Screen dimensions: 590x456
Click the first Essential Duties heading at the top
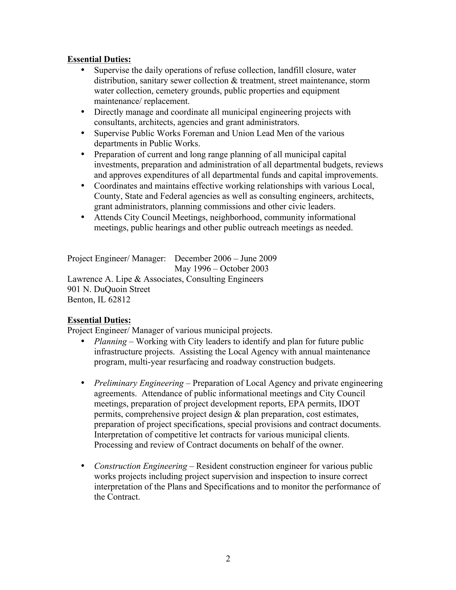coord(99,59)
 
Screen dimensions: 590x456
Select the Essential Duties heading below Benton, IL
coord(99,320)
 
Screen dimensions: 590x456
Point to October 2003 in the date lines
coord(244,269)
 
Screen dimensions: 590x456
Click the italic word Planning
coord(110,342)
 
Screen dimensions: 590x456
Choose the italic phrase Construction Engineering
coord(140,466)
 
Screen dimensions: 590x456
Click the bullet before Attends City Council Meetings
coord(83,217)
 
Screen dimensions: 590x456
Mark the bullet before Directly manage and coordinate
coord(83,112)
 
